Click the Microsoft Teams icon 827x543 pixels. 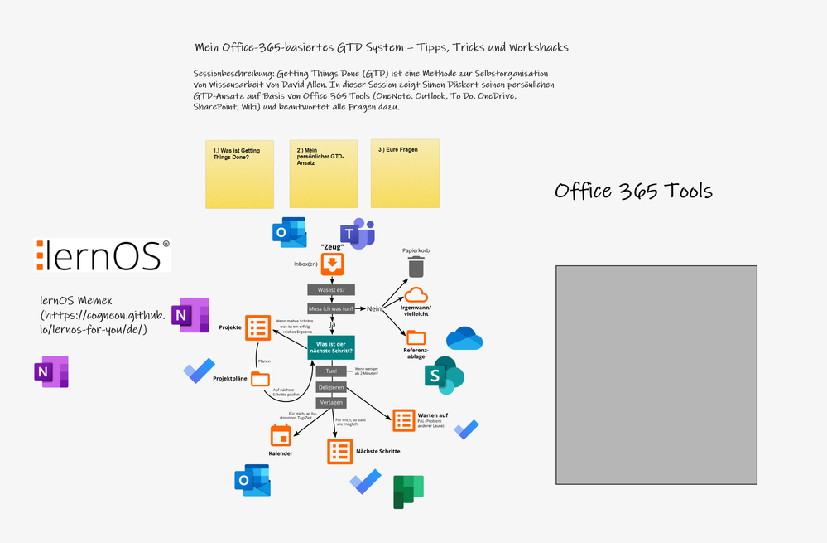coord(358,235)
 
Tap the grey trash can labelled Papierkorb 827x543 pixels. coord(416,267)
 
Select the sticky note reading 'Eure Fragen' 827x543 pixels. coord(405,173)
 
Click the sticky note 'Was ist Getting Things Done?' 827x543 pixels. coord(239,173)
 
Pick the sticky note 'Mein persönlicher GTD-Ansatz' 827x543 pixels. coord(323,173)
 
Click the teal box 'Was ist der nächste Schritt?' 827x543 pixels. coord(331,348)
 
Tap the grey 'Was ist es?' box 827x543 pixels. coord(331,290)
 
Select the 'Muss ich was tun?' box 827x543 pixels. coord(331,308)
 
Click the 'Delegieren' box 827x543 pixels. coord(331,387)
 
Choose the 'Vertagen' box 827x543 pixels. coord(331,402)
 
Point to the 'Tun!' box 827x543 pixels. coord(331,371)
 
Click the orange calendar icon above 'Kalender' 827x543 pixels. coord(280,435)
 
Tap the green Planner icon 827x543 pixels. coord(408,492)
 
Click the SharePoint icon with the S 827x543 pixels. coord(445,377)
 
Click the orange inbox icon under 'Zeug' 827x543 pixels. coord(332,264)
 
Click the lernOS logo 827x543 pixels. coord(103,255)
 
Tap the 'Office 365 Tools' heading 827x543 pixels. coord(633,192)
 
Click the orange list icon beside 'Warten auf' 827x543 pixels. coord(404,420)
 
